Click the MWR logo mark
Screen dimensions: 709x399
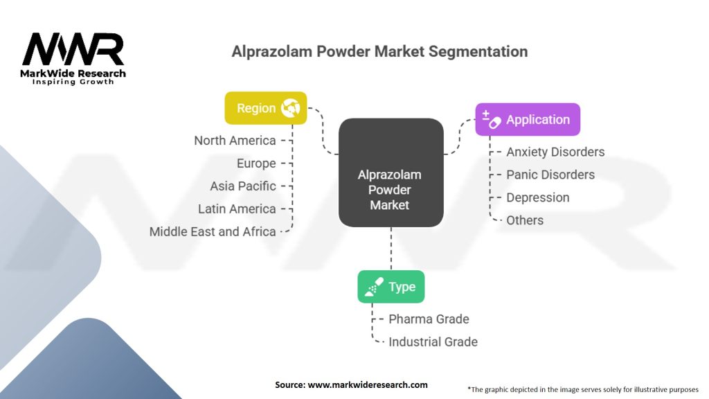coord(73,49)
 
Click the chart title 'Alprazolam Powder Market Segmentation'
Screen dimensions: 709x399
coord(379,51)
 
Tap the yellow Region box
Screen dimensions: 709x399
coord(266,108)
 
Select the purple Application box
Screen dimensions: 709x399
coord(528,119)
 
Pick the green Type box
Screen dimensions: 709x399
coord(391,287)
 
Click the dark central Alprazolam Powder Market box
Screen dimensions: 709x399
coord(391,172)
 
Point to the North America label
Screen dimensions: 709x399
coord(235,141)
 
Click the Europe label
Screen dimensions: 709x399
coord(256,163)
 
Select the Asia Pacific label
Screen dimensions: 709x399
coord(243,186)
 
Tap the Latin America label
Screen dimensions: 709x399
coord(237,209)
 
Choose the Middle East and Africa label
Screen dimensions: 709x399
coord(213,231)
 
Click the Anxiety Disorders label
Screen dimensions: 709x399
coord(555,152)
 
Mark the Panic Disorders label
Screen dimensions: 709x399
coord(550,175)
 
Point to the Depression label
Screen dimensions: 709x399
coord(537,197)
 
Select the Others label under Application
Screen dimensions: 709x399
coord(525,220)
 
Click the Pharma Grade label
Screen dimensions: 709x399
coord(429,319)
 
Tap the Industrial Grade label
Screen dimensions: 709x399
coord(433,342)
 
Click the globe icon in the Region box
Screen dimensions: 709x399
coord(290,108)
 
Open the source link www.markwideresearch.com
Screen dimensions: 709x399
coord(368,385)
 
